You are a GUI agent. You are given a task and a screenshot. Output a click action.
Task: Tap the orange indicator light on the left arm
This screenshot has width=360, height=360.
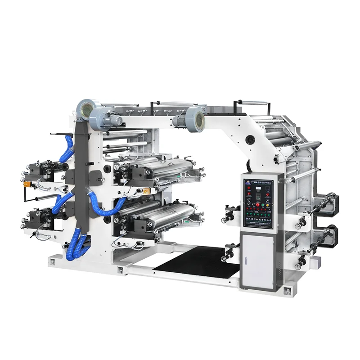[x=27, y=184]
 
